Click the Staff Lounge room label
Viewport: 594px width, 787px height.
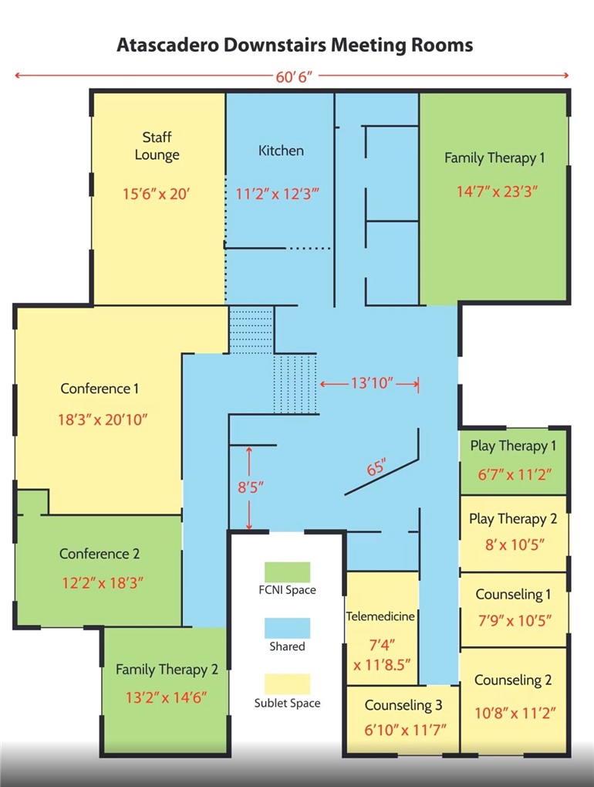pos(157,146)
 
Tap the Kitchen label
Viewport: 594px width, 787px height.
pos(281,151)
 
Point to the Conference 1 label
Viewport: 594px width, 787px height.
pos(100,388)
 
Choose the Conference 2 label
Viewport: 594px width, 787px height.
pos(100,554)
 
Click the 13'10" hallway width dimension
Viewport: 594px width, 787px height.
pos(369,383)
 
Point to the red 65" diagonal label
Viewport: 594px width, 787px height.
pos(376,469)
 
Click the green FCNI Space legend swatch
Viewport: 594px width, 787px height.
pos(287,572)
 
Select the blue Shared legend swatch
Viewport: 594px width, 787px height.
pos(287,628)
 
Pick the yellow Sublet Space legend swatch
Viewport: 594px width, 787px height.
pos(287,684)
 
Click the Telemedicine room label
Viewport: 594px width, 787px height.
pos(381,616)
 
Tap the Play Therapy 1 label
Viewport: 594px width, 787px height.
pos(513,446)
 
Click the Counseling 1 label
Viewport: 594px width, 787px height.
pos(513,594)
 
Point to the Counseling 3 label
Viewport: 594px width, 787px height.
pos(403,705)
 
